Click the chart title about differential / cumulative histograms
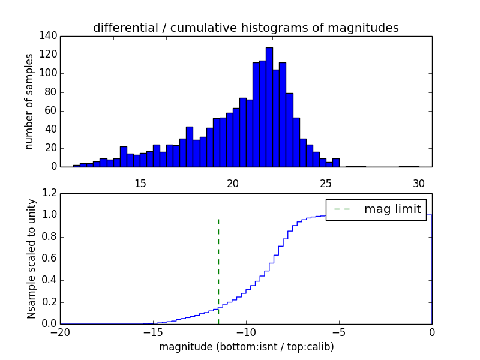[x=245, y=28]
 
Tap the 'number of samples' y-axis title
[x=29, y=101]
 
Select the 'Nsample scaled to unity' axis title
[x=31, y=259]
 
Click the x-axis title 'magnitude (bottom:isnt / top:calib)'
[x=246, y=347]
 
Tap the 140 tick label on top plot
[x=49, y=36]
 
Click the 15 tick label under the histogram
[x=140, y=184]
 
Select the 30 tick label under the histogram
[x=419, y=184]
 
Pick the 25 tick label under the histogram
[x=326, y=184]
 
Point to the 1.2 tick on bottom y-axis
[x=50, y=193]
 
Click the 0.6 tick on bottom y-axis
[x=50, y=259]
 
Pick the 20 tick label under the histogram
[x=233, y=184]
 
